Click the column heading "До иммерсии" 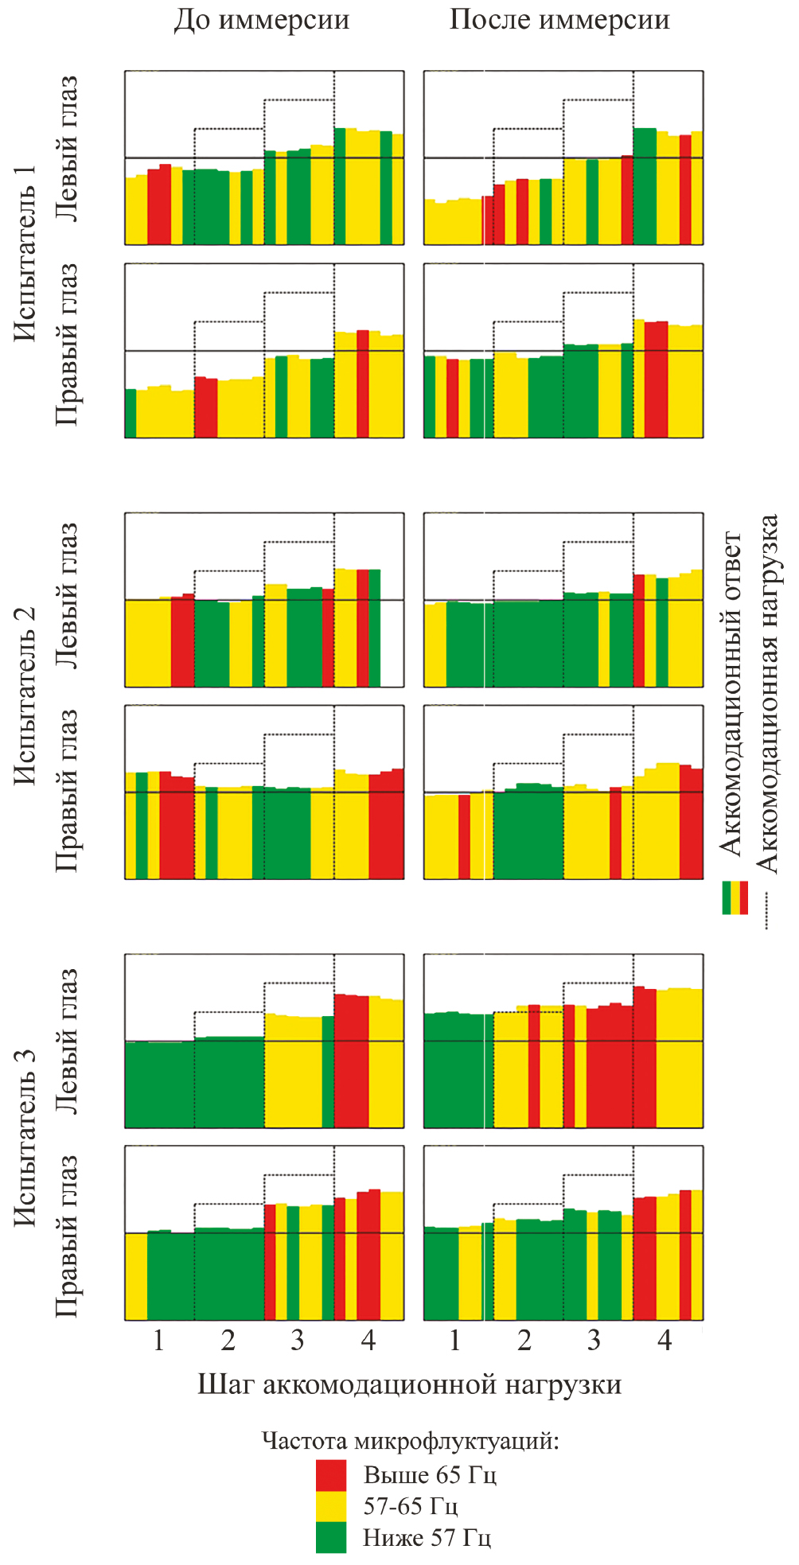click(262, 20)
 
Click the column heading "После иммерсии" click(559, 20)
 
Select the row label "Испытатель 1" click(26, 253)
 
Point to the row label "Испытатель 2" click(26, 695)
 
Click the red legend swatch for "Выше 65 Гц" click(331, 1475)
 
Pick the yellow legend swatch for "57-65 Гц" click(331, 1506)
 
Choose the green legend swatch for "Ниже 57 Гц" click(331, 1537)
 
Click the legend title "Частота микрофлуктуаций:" click(410, 1441)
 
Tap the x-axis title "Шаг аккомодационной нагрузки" click(409, 1384)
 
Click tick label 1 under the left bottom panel click(158, 1341)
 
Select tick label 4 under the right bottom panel click(665, 1341)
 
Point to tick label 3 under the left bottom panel click(298, 1341)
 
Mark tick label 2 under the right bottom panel click(524, 1341)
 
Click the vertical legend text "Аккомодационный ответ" click(731, 693)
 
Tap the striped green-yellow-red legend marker click(735, 897)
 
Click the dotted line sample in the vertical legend click(766, 911)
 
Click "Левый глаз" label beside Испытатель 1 click(67, 150)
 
